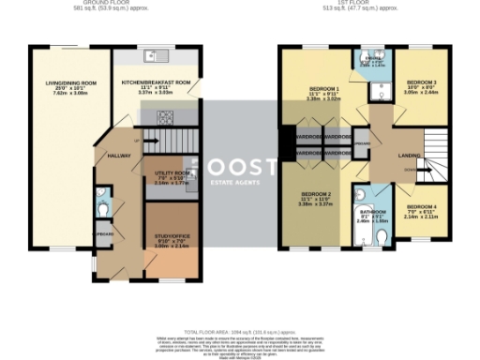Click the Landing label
pyautogui.click(x=409, y=156)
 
